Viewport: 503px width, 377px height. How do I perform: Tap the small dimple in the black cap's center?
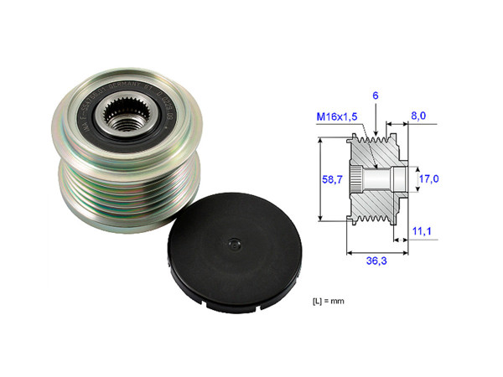(232, 244)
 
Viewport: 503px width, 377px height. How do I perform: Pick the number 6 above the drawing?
(376, 96)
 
